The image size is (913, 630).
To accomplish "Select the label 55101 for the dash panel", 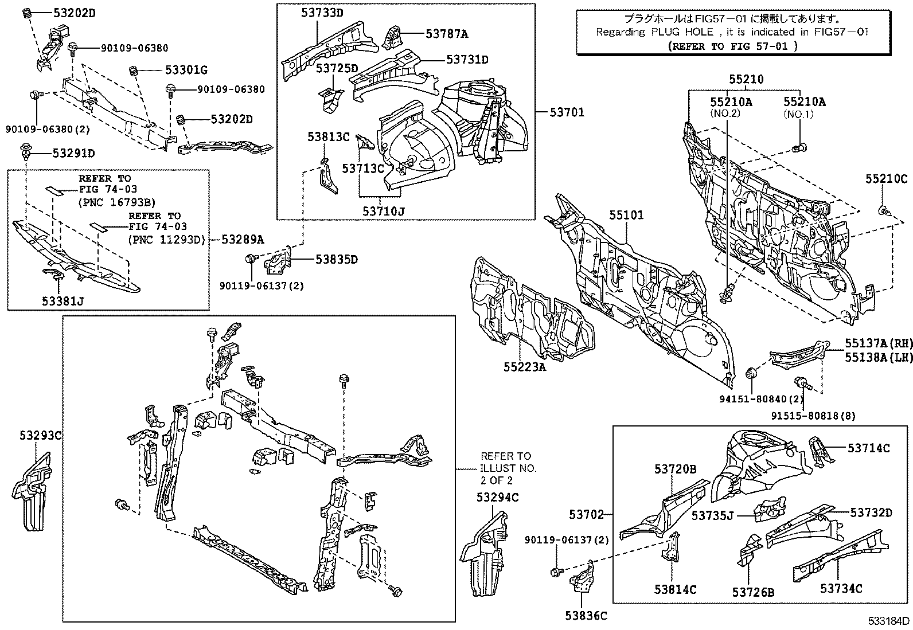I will pos(626,216).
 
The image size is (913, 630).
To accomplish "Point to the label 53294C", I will pos(497,498).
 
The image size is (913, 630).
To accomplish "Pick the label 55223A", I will pos(525,367).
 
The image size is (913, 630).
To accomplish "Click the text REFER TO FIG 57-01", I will pos(733,46).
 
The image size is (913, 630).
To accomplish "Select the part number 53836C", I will pos(586,616).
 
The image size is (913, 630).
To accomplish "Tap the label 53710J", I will pos(383,211).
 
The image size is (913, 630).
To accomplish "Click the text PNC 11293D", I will pos(166,240).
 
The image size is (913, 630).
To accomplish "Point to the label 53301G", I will pos(186,70).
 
